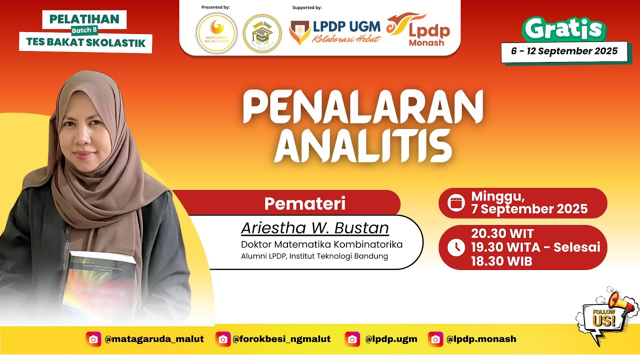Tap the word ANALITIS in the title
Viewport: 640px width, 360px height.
pos(363,146)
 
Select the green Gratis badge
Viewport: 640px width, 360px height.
pos(563,30)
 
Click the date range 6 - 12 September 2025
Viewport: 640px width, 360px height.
pos(564,51)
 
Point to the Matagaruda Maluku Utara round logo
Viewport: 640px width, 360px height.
pos(216,33)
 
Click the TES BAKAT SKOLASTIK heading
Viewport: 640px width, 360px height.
pos(85,42)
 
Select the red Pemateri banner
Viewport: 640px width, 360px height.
pos(305,203)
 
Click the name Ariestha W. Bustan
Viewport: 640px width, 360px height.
pos(314,228)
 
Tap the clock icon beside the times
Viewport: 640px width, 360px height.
pos(456,247)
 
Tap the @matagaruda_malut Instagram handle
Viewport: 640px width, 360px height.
pos(154,339)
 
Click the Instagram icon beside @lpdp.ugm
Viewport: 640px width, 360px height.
pos(352,339)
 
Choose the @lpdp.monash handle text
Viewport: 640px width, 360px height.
pos(481,339)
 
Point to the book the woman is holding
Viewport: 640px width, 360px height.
pos(100,282)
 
